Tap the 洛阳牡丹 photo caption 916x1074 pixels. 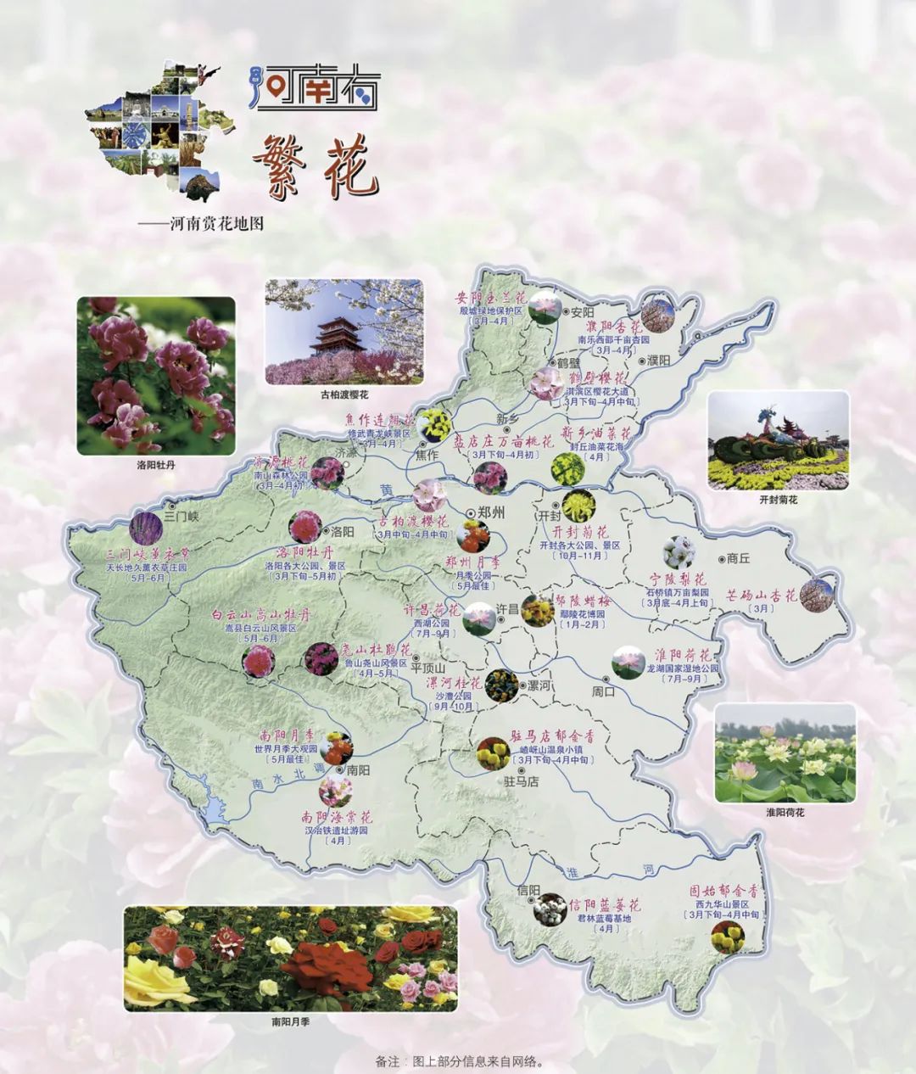(x=155, y=465)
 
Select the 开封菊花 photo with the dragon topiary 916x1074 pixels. (x=778, y=440)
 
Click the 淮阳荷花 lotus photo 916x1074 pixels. (x=785, y=752)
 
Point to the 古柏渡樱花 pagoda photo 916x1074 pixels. (x=343, y=331)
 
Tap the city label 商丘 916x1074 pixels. (x=739, y=558)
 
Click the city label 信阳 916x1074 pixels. (x=528, y=891)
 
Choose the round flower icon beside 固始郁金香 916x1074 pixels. (x=728, y=937)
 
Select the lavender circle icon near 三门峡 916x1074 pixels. (x=145, y=527)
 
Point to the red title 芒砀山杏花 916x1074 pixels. (x=761, y=596)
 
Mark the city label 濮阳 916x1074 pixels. (x=657, y=361)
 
